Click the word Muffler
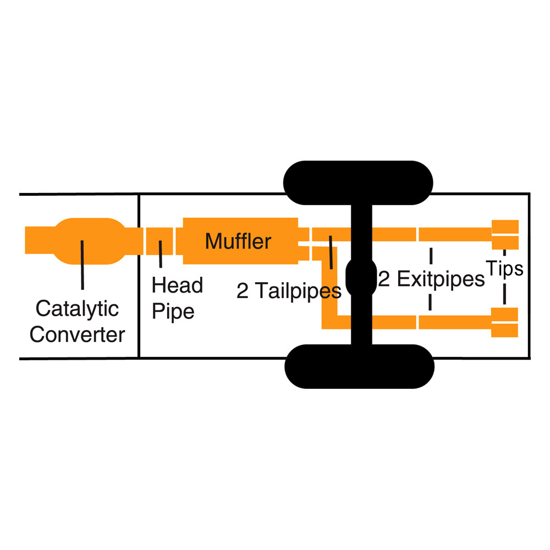(x=238, y=241)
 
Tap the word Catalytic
(x=77, y=309)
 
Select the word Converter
(x=77, y=334)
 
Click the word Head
(x=177, y=285)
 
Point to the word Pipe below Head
(x=173, y=311)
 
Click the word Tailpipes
(x=298, y=291)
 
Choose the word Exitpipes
(x=441, y=279)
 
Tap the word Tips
(x=504, y=269)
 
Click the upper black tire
(x=358, y=183)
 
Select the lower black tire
(x=360, y=366)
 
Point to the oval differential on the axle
(x=361, y=277)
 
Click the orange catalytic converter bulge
(x=90, y=241)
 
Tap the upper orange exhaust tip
(x=505, y=235)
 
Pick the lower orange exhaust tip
(x=504, y=322)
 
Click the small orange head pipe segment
(x=159, y=241)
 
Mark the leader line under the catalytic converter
(x=82, y=265)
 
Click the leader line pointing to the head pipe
(x=160, y=254)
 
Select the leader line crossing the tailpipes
(x=331, y=252)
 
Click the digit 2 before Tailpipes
(x=243, y=291)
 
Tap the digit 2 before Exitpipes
(x=384, y=279)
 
